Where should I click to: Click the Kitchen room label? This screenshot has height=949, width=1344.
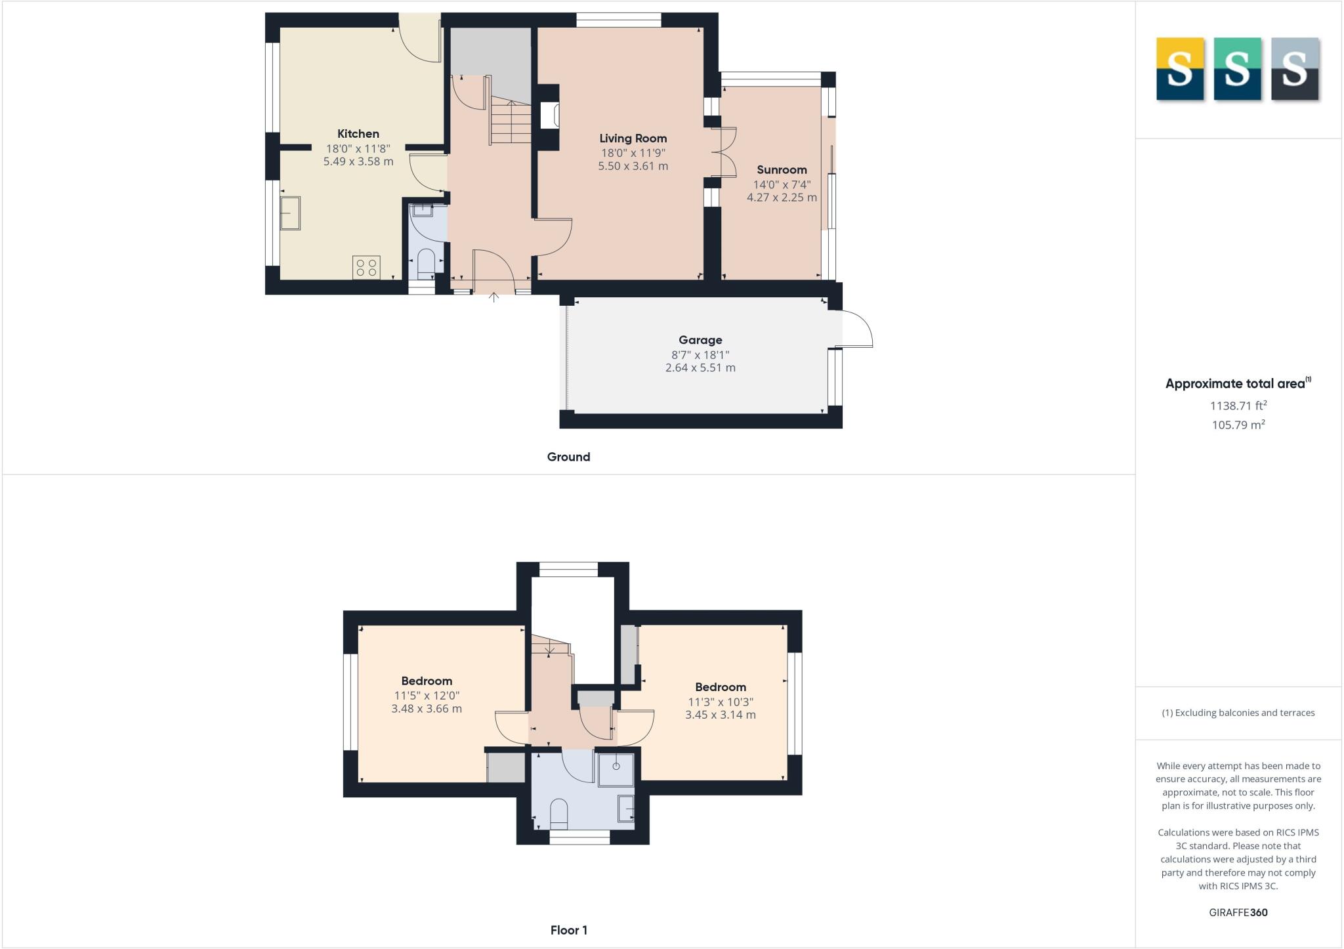pyautogui.click(x=358, y=134)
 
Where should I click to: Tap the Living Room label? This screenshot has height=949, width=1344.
pyautogui.click(x=633, y=138)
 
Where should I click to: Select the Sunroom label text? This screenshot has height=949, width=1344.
pyautogui.click(x=782, y=170)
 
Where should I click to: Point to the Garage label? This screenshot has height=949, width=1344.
pyautogui.click(x=700, y=340)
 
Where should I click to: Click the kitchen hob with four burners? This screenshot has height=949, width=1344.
pyautogui.click(x=366, y=267)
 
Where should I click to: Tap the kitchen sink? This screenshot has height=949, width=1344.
pyautogui.click(x=290, y=213)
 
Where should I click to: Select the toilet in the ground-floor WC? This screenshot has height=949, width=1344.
pyautogui.click(x=426, y=261)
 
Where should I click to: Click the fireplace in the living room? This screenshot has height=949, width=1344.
pyautogui.click(x=549, y=116)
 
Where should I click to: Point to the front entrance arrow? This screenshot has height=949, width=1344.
pyautogui.click(x=493, y=297)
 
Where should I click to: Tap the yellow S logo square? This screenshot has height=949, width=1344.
pyautogui.click(x=1179, y=69)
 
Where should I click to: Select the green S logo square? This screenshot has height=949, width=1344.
pyautogui.click(x=1237, y=69)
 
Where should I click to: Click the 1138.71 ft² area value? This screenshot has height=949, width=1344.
pyautogui.click(x=1238, y=406)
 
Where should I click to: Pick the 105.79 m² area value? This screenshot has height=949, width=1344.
pyautogui.click(x=1238, y=425)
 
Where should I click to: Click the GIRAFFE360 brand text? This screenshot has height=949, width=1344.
pyautogui.click(x=1238, y=912)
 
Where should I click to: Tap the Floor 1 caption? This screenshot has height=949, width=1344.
pyautogui.click(x=568, y=930)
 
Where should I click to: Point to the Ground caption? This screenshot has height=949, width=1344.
pyautogui.click(x=568, y=457)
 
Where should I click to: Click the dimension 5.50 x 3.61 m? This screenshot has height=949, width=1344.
pyautogui.click(x=633, y=167)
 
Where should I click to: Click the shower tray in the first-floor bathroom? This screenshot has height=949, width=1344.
pyautogui.click(x=616, y=769)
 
